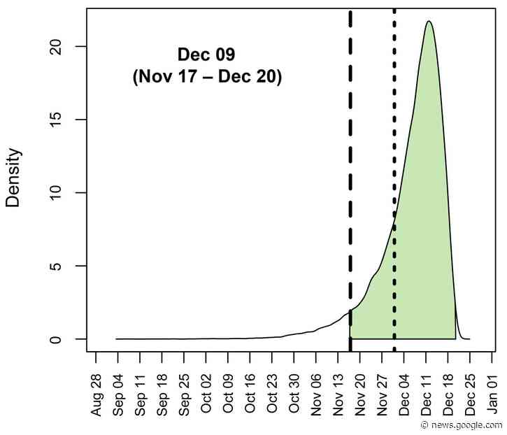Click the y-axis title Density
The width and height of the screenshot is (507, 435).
[x=13, y=178]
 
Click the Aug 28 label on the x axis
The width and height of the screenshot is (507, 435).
[x=97, y=398]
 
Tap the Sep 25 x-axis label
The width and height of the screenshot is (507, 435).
[x=185, y=398]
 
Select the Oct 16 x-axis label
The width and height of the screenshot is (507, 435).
[x=250, y=398]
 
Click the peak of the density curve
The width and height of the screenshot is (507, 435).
[x=429, y=22]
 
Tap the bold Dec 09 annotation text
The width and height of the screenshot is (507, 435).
[x=206, y=55]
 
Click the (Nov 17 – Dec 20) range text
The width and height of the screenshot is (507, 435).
[x=207, y=77]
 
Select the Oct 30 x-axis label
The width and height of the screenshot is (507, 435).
[x=294, y=398]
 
